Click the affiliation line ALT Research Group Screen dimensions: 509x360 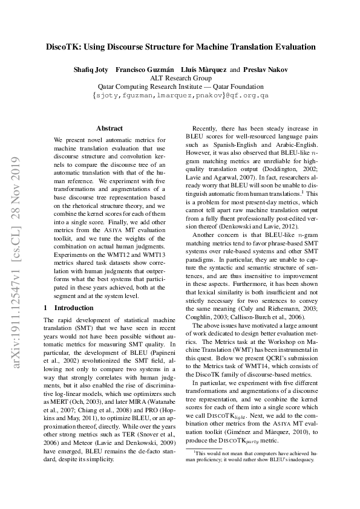point(180,78)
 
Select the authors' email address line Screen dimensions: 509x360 point(180,96)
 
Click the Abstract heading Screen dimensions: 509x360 point(109,128)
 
